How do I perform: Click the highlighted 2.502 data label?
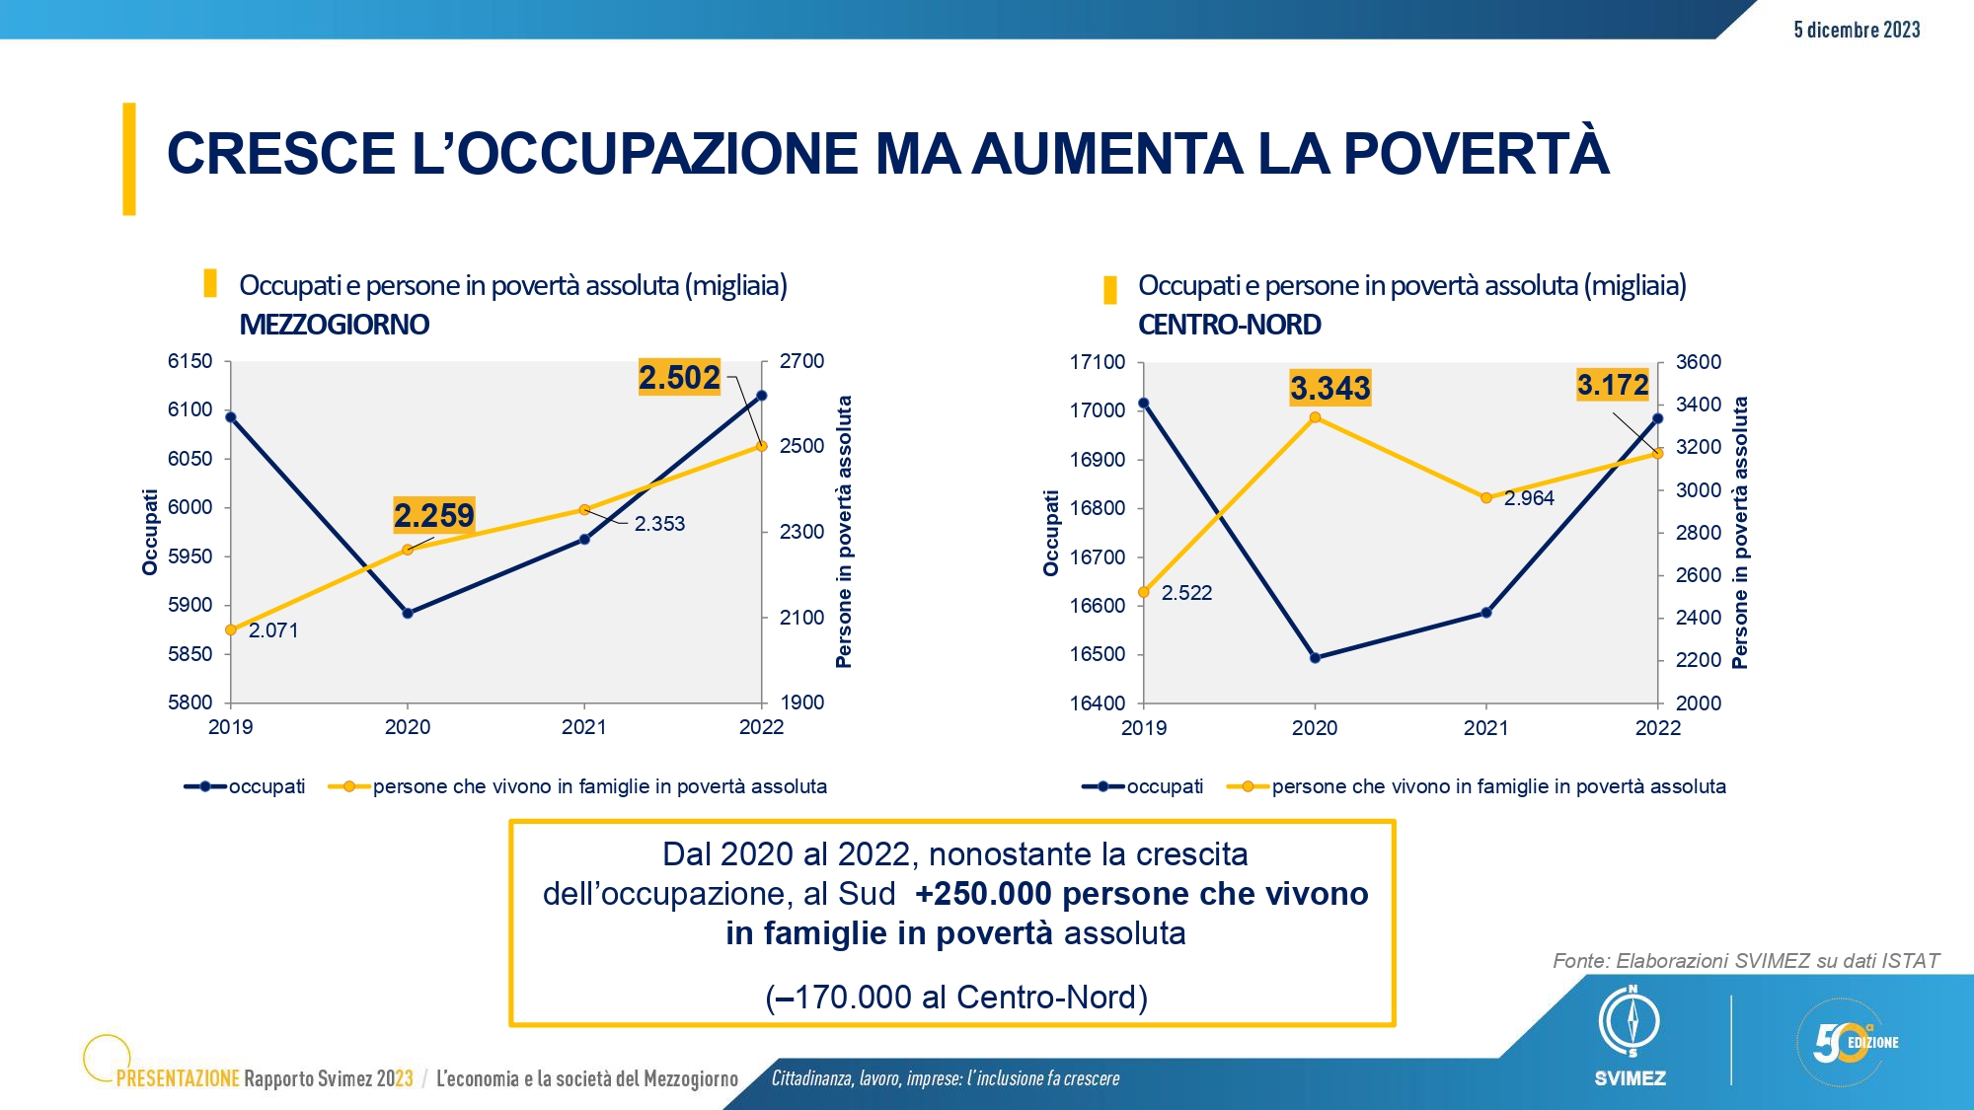click(680, 377)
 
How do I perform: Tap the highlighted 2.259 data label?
click(434, 515)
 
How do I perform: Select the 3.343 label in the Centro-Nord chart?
click(1330, 388)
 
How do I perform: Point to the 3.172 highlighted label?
click(1613, 384)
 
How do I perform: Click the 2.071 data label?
click(273, 630)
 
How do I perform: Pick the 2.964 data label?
click(1529, 498)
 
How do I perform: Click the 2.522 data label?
click(1186, 593)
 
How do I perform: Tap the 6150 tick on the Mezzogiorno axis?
click(190, 361)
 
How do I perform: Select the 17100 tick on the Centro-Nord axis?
click(1098, 362)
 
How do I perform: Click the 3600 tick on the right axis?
click(1699, 362)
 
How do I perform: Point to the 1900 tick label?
click(801, 703)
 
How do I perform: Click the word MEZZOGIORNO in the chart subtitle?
click(335, 325)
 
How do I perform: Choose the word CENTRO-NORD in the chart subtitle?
click(1230, 325)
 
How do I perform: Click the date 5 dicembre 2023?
click(1857, 30)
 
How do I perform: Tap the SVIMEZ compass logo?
click(1631, 1021)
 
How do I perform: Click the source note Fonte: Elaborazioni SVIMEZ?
click(1746, 961)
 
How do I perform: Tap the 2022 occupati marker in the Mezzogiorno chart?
click(761, 396)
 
